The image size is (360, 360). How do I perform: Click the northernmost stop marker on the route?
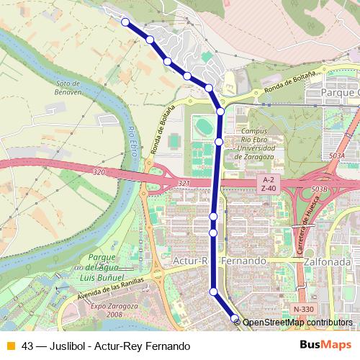[125, 22]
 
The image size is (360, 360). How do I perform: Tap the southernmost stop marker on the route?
[235, 318]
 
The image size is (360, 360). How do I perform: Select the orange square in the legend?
[10, 346]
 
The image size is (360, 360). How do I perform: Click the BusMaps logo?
[320, 346]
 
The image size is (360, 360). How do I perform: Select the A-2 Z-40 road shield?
[268, 184]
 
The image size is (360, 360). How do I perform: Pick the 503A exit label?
[336, 156]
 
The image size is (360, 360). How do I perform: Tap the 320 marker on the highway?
[99, 172]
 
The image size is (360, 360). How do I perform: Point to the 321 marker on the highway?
[184, 184]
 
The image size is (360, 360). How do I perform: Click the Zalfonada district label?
[328, 261]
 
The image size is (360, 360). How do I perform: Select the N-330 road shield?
[303, 309]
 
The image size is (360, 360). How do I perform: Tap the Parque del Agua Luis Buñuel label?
[102, 267]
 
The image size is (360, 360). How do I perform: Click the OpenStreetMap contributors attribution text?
[297, 323]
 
